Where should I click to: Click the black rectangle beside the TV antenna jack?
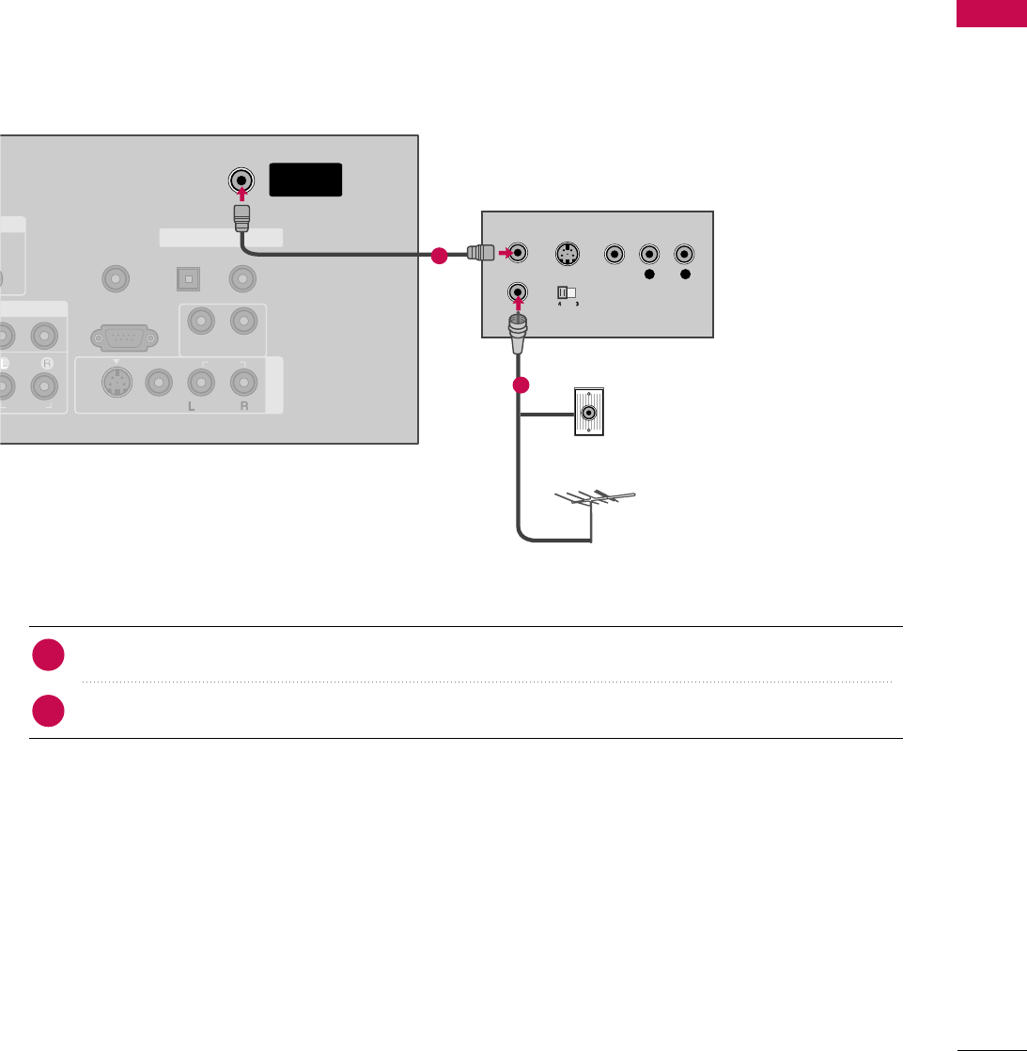pyautogui.click(x=305, y=180)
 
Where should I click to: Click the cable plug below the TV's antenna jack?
pyautogui.click(x=241, y=219)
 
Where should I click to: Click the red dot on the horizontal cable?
pyautogui.click(x=436, y=255)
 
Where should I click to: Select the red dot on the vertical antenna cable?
pyautogui.click(x=521, y=385)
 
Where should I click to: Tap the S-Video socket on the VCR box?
pyautogui.click(x=566, y=254)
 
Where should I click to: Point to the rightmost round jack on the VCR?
pyautogui.click(x=685, y=254)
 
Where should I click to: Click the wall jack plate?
pyautogui.click(x=589, y=412)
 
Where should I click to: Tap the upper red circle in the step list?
pyautogui.click(x=48, y=656)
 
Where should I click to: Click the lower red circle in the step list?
pyautogui.click(x=48, y=710)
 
